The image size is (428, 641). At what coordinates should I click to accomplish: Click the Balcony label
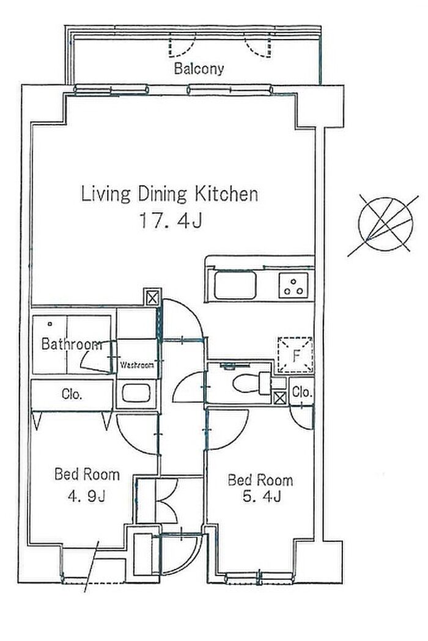(x=199, y=68)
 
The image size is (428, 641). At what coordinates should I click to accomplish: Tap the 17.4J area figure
(x=171, y=221)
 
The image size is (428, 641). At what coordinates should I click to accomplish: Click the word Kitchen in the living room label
(x=226, y=194)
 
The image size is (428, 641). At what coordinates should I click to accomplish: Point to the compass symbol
(x=385, y=224)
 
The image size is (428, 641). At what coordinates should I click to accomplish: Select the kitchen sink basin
(x=235, y=285)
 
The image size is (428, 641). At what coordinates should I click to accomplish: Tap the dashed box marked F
(x=295, y=355)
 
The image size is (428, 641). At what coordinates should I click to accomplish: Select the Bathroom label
(x=72, y=344)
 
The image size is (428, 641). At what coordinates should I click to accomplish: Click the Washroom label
(x=137, y=364)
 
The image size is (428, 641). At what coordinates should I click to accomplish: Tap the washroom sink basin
(x=137, y=394)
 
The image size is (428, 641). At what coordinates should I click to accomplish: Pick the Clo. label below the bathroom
(x=72, y=394)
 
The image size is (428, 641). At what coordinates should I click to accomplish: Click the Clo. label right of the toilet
(x=303, y=392)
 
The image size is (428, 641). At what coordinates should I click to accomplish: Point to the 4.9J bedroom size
(x=87, y=496)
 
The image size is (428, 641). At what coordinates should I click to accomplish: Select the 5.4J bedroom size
(x=262, y=497)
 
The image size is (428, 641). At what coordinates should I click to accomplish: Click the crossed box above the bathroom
(x=152, y=297)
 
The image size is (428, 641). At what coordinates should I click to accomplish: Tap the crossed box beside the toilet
(x=280, y=398)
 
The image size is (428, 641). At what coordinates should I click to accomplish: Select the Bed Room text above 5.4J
(x=260, y=480)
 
